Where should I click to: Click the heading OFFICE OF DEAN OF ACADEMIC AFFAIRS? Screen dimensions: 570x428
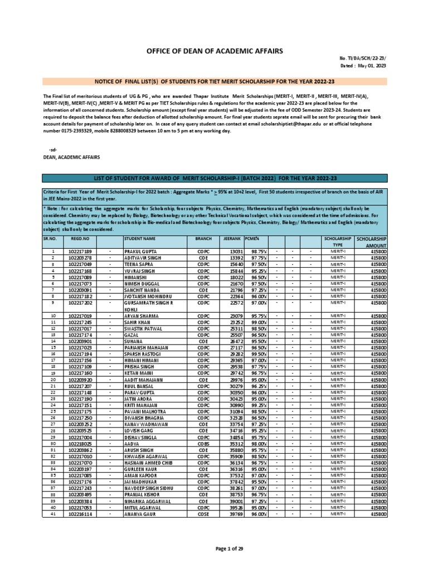click(x=214, y=51)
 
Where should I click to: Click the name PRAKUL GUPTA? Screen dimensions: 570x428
click(x=140, y=252)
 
